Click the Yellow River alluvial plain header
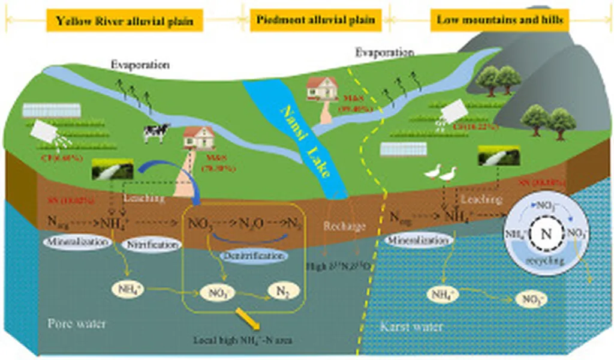(x=125, y=21)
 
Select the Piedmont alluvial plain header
(x=316, y=20)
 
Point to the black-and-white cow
(x=156, y=133)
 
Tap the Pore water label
(x=77, y=324)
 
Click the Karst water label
(x=412, y=327)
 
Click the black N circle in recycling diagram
(x=544, y=233)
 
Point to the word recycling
(x=544, y=262)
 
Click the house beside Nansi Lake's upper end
(x=322, y=89)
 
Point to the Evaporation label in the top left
(x=140, y=65)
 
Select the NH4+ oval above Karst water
(x=443, y=294)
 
